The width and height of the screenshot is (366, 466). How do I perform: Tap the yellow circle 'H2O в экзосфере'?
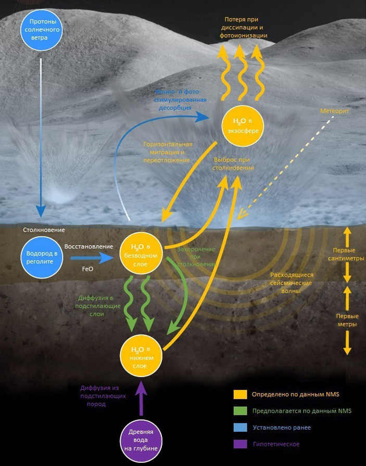tap(242, 125)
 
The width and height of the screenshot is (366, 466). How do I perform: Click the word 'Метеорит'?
tap(334, 112)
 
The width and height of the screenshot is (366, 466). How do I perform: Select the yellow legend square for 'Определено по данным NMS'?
tap(240, 394)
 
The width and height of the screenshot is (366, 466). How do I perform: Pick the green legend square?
tap(240, 411)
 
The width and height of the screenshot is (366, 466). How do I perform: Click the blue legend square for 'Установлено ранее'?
tap(240, 427)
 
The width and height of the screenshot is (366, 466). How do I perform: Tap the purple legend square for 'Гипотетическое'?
tap(240, 444)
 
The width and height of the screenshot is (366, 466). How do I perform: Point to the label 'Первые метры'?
tap(346, 320)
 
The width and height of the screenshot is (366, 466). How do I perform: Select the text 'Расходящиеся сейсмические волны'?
tap(291, 283)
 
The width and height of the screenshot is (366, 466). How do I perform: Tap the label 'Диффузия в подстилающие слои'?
tap(99, 306)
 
